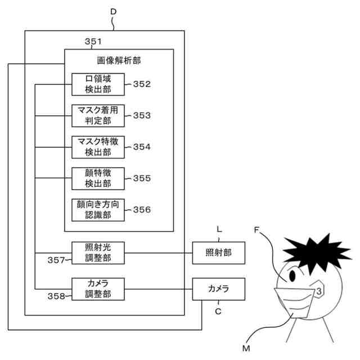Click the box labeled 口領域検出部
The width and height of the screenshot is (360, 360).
(98, 84)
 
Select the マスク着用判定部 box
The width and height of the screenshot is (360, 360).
(98, 116)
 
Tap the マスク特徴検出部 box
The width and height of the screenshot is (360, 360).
(98, 147)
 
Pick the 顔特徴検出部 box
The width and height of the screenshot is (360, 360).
(98, 179)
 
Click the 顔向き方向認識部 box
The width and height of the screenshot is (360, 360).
(98, 210)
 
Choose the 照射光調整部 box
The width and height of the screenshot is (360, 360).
(98, 253)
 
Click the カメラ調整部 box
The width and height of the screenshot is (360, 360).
(98, 289)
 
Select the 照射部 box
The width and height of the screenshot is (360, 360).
(219, 253)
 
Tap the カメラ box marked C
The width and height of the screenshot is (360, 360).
(219, 289)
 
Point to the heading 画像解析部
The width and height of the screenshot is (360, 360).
(119, 61)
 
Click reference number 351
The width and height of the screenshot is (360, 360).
(93, 42)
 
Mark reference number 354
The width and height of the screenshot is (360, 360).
(142, 147)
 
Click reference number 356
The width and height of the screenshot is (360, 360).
(142, 210)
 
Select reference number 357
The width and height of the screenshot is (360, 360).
(56, 260)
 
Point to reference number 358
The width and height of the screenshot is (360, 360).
(56, 296)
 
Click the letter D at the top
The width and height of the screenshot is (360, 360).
(114, 11)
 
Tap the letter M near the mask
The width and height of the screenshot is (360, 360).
(246, 349)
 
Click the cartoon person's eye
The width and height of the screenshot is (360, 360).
(292, 276)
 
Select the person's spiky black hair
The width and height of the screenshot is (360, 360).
(317, 253)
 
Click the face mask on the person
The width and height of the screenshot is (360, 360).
(295, 302)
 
